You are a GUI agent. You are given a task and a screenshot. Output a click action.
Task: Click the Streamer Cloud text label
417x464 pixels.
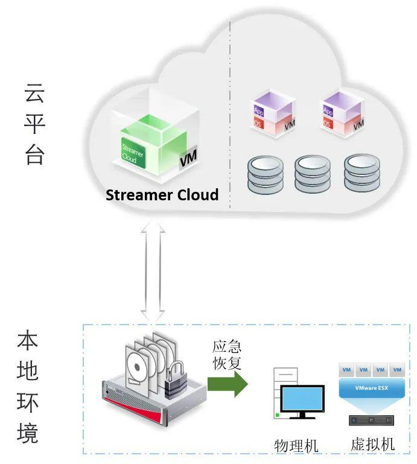(x=162, y=195)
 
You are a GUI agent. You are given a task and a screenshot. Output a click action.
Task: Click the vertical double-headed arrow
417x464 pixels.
(x=153, y=272)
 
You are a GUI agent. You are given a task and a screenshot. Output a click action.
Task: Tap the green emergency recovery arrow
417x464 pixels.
(x=228, y=384)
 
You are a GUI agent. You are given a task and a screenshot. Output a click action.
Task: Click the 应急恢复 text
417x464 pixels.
(x=227, y=355)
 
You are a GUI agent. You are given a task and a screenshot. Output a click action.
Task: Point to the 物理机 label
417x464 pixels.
(x=296, y=445)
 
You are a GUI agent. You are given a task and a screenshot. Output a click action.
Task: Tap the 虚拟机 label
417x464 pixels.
(x=372, y=445)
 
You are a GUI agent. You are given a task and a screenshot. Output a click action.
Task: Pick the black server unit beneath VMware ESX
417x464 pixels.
(x=371, y=420)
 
